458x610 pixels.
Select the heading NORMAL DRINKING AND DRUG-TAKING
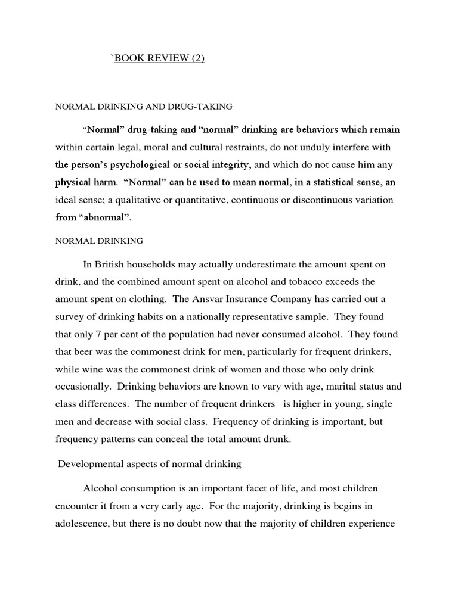click(144, 107)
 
